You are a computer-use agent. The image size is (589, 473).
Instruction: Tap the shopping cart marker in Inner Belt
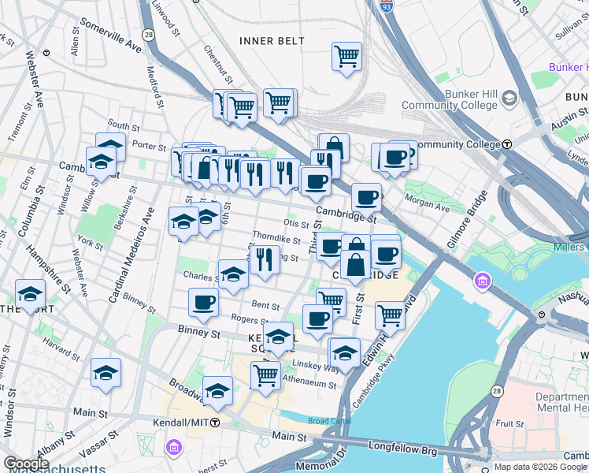pos(346,57)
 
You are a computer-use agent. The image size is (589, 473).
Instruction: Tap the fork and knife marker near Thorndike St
pos(265,259)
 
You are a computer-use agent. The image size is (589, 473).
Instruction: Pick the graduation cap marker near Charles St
pos(233,274)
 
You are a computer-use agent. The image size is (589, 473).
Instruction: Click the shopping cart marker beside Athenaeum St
pos(265,374)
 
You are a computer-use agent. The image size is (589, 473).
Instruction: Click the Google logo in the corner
pos(26,464)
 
